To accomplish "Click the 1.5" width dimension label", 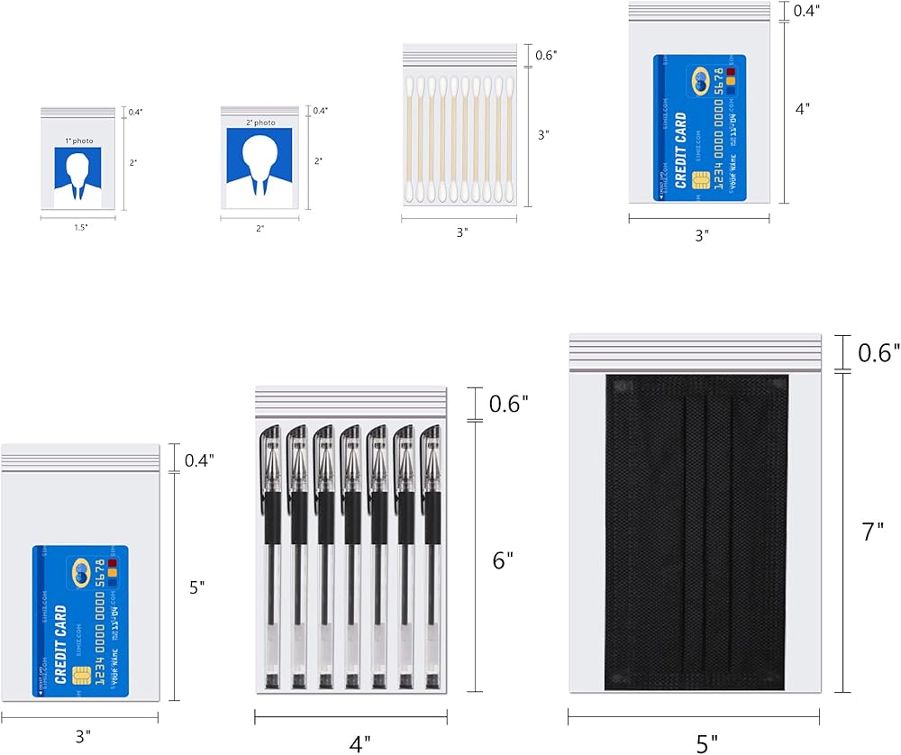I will point(80,227).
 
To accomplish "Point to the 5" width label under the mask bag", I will point(707,742).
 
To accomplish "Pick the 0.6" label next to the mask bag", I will point(876,352).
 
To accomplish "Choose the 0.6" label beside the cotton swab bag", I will point(546,55).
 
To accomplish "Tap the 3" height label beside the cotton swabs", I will point(543,135).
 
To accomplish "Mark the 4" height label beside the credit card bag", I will point(802,107).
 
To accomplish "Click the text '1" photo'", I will point(78,141).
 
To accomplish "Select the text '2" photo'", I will point(260,123).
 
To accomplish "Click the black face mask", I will point(695,532).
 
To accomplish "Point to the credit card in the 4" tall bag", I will point(699,127).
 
